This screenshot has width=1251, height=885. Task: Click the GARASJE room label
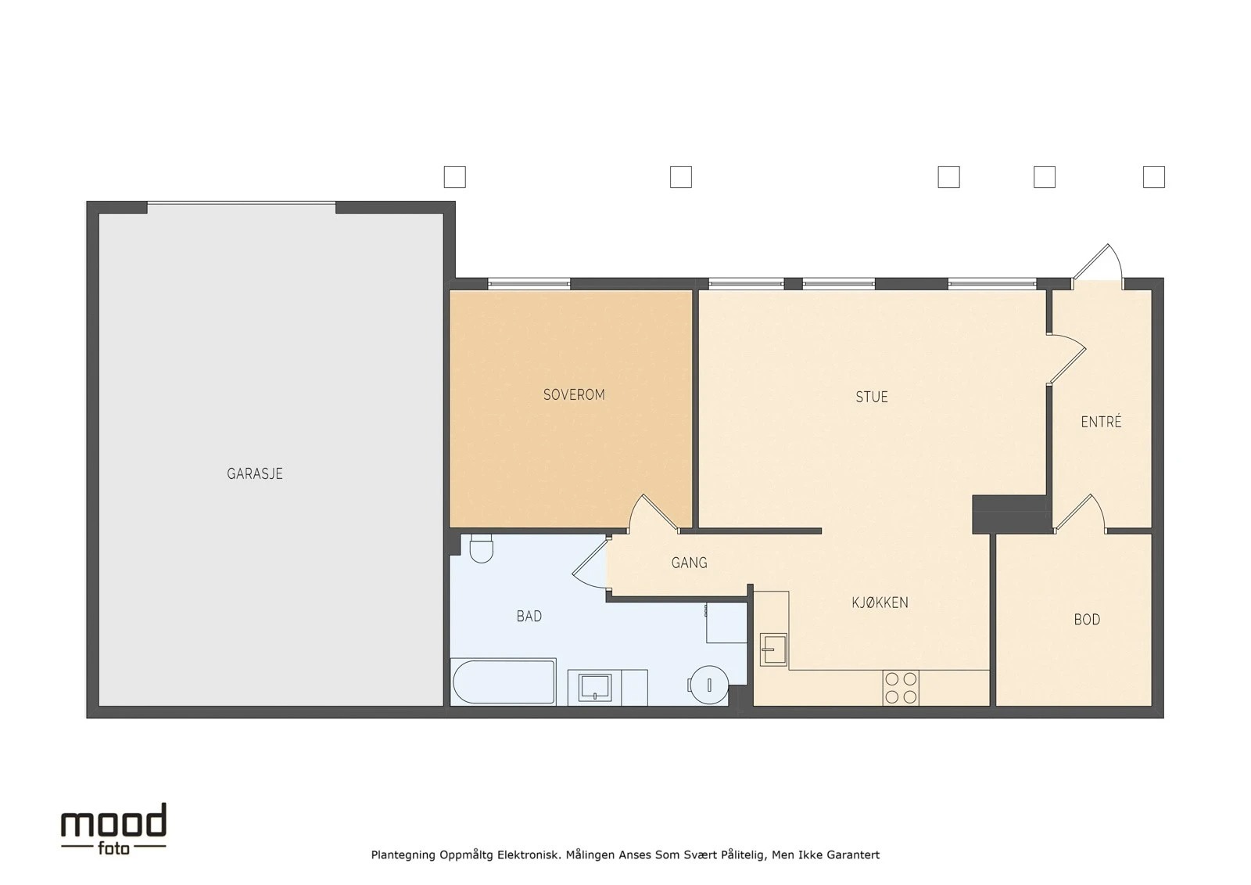pyautogui.click(x=255, y=474)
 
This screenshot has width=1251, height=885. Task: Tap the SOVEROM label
pyautogui.click(x=574, y=394)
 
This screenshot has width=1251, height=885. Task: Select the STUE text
pyautogui.click(x=872, y=397)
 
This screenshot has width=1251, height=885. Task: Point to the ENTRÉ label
pyautogui.click(x=1102, y=422)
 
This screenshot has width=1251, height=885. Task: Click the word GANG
pyautogui.click(x=689, y=563)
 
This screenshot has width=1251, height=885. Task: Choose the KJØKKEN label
pyautogui.click(x=880, y=602)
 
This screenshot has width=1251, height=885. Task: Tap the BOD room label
pyautogui.click(x=1087, y=620)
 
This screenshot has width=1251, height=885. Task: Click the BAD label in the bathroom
pyautogui.click(x=529, y=616)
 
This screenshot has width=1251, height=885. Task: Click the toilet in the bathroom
pyautogui.click(x=482, y=548)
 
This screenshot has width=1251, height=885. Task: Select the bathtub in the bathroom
pyautogui.click(x=504, y=682)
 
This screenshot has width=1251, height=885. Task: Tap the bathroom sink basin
pyautogui.click(x=595, y=687)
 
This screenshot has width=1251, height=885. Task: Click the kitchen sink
pyautogui.click(x=773, y=649)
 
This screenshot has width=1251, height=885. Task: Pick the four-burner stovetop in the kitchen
pyautogui.click(x=901, y=688)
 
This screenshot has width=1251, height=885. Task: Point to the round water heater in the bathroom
pyautogui.click(x=708, y=685)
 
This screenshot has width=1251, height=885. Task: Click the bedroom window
pyautogui.click(x=529, y=283)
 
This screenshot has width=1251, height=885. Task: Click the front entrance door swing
pyautogui.click(x=1098, y=264)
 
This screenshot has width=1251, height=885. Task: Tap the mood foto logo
pyautogui.click(x=113, y=829)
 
